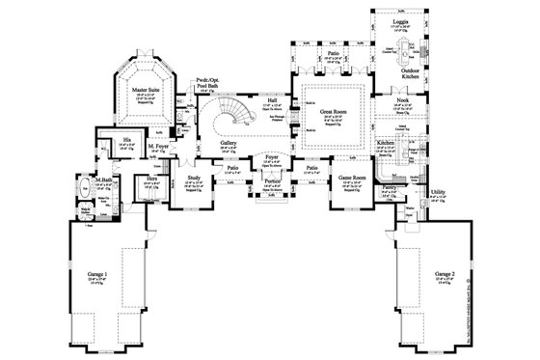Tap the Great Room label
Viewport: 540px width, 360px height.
pos(333,111)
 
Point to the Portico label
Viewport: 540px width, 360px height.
pos(273,180)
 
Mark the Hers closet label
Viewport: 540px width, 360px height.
pos(151,179)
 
